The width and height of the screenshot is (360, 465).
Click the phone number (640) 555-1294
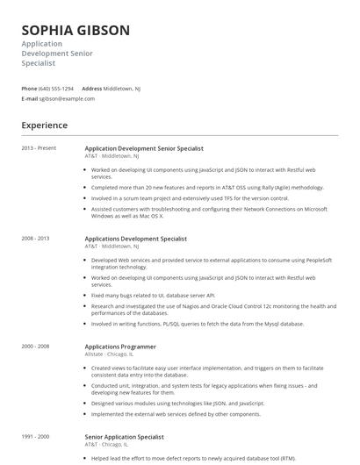click(56, 89)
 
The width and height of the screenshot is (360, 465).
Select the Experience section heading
click(44, 125)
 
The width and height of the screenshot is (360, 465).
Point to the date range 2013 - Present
click(39, 147)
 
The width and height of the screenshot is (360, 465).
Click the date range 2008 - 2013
click(36, 238)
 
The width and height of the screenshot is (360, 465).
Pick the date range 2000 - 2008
click(36, 346)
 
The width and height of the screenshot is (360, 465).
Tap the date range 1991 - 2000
click(36, 436)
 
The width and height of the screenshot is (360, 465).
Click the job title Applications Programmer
click(119, 347)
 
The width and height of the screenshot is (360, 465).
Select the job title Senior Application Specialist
click(125, 437)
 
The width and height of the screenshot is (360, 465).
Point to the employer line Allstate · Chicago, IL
click(110, 354)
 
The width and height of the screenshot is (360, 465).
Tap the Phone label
click(29, 89)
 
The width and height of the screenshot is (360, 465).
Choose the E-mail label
click(30, 98)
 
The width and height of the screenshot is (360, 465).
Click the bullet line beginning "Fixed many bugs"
click(153, 296)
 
